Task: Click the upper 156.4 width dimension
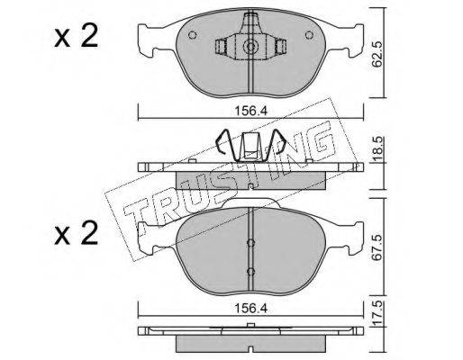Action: pyautogui.click(x=250, y=111)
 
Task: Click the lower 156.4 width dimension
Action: pyautogui.click(x=250, y=309)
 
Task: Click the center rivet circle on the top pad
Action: pyautogui.click(x=250, y=47)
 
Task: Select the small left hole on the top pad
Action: pyautogui.click(x=192, y=35)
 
